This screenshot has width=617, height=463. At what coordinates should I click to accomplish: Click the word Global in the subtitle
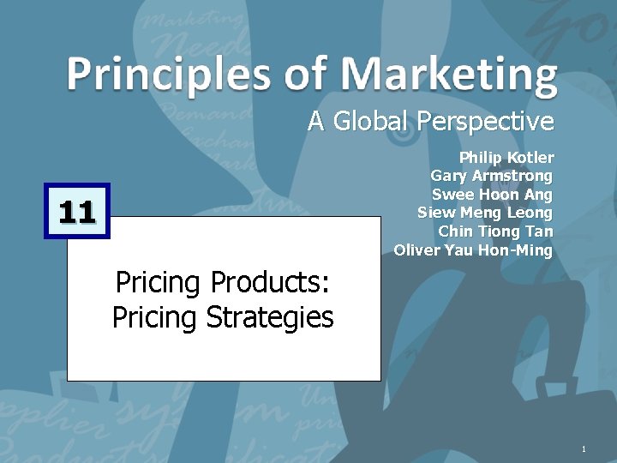370,122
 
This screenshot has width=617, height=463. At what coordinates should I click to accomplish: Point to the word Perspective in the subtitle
485,122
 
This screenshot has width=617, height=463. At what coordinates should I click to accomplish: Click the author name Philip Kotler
506,158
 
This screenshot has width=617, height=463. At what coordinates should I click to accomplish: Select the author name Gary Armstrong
491,176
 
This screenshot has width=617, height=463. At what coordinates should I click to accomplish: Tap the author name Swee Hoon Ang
492,195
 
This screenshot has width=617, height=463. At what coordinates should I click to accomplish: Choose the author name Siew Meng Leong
485,213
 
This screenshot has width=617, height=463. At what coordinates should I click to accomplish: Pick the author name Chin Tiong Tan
495,231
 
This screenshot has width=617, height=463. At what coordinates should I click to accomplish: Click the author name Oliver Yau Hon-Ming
473,250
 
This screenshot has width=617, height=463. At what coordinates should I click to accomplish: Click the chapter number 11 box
77,210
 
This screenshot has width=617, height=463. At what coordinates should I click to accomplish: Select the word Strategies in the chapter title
270,317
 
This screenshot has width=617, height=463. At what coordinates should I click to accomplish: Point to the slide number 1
583,450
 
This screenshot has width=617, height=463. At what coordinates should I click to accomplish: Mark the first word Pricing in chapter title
158,282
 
